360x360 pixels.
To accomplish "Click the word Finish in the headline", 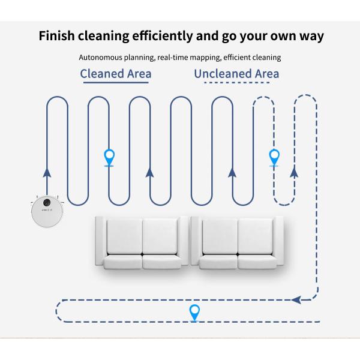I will click(58, 35).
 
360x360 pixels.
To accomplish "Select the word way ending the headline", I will click(308, 35).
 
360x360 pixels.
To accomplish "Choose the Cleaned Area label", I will click(116, 74).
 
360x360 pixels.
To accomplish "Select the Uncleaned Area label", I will click(236, 74).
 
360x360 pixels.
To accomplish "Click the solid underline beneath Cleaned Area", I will click(116, 84).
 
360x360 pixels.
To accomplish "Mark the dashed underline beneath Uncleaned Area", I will click(236, 84).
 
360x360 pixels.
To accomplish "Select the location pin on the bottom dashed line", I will click(194, 312).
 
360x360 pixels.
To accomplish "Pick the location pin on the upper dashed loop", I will click(274, 157).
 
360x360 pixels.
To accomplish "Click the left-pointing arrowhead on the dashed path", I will click(295, 299).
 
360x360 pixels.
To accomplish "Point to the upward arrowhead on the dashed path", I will click(294, 173).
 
